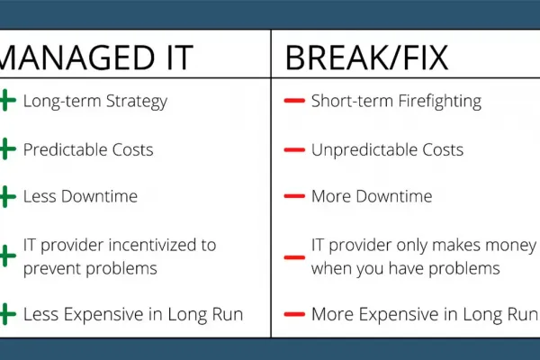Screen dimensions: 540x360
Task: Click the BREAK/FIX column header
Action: pyautogui.click(x=367, y=58)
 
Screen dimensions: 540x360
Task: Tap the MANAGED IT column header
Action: pyautogui.click(x=96, y=58)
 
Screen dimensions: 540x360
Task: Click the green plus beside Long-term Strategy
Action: pyautogui.click(x=7, y=101)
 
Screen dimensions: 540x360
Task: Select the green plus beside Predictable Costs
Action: pyautogui.click(x=7, y=149)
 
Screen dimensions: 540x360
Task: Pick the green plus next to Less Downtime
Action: pyautogui.click(x=7, y=196)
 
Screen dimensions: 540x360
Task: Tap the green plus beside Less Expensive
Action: pyautogui.click(x=7, y=314)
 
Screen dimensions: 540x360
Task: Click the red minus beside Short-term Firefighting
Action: pyautogui.click(x=294, y=101)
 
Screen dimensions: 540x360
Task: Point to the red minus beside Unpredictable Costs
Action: pyautogui.click(x=294, y=149)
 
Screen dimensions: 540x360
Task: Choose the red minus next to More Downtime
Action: pyautogui.click(x=294, y=196)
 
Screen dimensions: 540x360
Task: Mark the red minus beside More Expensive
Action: pyautogui.click(x=294, y=314)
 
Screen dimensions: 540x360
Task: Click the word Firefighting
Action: pyautogui.click(x=439, y=102)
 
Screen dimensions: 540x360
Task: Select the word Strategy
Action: pyautogui.click(x=137, y=102)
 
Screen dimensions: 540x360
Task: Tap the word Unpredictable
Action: pyautogui.click(x=364, y=150)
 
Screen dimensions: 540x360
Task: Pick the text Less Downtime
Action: pyautogui.click(x=80, y=196)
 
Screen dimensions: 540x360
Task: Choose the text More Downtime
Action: pyautogui.click(x=372, y=196)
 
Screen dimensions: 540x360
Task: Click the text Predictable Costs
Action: pyautogui.click(x=88, y=150)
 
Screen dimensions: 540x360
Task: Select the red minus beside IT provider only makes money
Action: pyautogui.click(x=294, y=257)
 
